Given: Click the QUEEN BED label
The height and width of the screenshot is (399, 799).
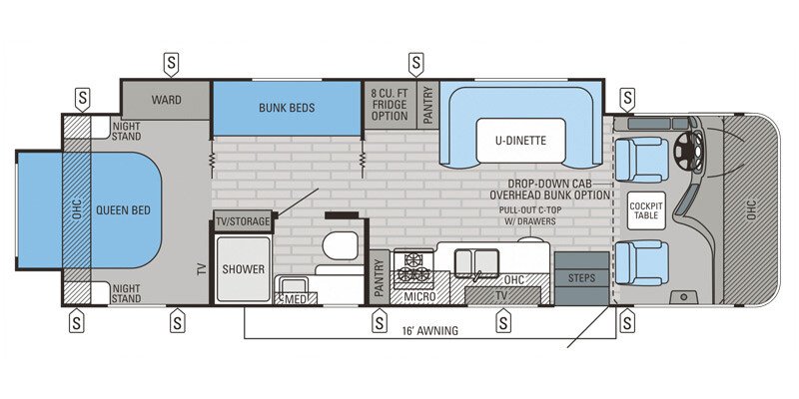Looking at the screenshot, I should tap(123, 209).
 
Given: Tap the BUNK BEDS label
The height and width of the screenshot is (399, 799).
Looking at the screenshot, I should tap(287, 108).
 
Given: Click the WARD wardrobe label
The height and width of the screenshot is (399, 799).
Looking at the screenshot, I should tap(166, 100).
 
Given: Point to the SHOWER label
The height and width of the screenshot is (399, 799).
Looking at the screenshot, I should tap(243, 268).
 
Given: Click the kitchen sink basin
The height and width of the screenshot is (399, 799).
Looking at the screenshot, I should tap(476, 262).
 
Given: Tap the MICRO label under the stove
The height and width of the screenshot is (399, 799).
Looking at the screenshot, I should tap(420, 296).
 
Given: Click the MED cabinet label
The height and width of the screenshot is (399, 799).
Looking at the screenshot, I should tap(297, 298).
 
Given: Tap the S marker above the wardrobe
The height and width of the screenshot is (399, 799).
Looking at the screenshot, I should tap(171, 62).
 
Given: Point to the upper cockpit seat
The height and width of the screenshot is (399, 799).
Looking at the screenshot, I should tap(640, 158).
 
